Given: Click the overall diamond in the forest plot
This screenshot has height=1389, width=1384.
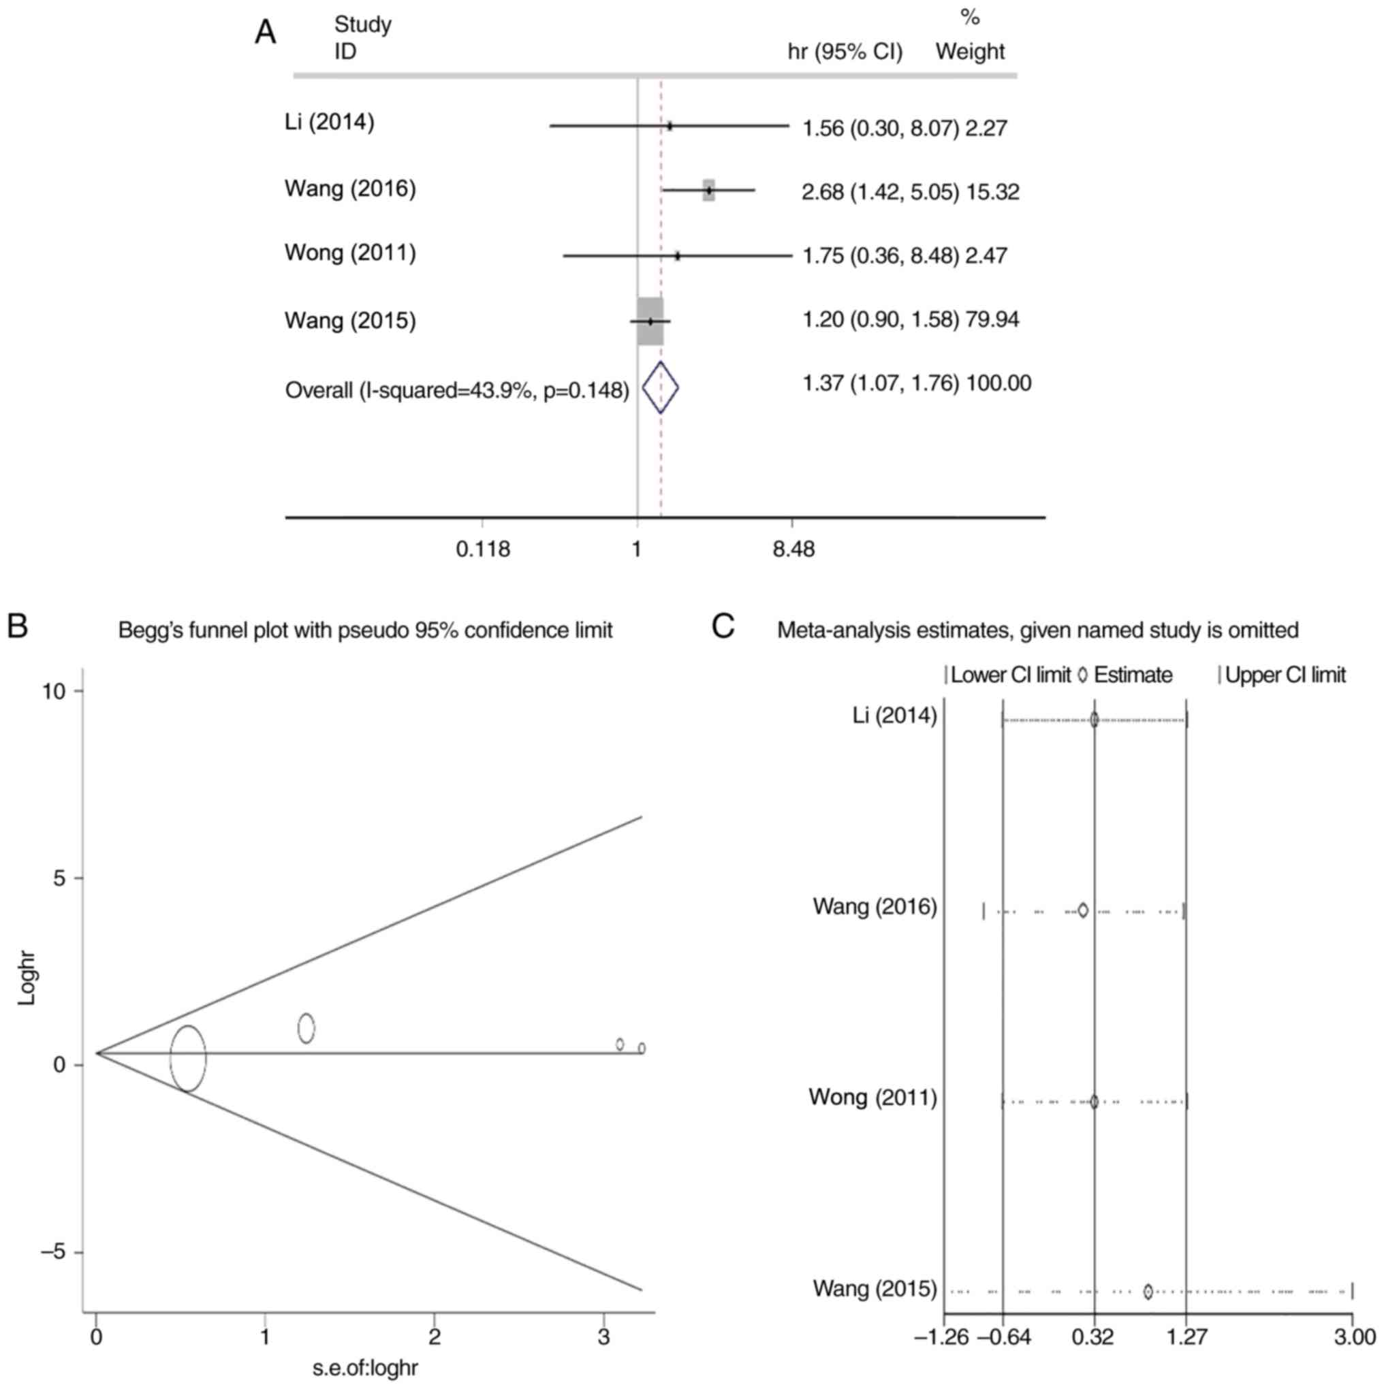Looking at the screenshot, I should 659,388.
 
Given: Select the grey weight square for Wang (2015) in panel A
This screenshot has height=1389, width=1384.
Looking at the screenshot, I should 650,321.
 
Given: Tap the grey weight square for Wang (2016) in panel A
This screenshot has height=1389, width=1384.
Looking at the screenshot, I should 708,190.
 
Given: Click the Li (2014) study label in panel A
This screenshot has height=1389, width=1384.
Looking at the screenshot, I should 330,123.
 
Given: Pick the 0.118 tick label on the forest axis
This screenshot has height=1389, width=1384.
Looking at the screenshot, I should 483,550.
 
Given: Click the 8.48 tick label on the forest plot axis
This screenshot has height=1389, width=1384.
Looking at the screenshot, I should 793,550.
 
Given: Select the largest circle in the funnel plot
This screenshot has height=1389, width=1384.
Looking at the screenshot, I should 188,1058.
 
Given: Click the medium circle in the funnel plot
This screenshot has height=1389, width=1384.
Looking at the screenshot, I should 306,1028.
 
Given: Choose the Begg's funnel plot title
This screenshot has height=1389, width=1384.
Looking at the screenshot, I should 366,630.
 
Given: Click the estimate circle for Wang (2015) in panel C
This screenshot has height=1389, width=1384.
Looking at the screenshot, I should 1148,1292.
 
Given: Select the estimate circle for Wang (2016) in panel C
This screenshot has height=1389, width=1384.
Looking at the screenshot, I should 1082,911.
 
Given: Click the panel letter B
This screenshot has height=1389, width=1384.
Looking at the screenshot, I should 17,626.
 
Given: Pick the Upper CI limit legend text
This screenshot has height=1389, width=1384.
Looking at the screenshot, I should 1285,676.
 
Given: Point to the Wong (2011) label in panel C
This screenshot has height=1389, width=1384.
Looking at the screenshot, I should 872,1097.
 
